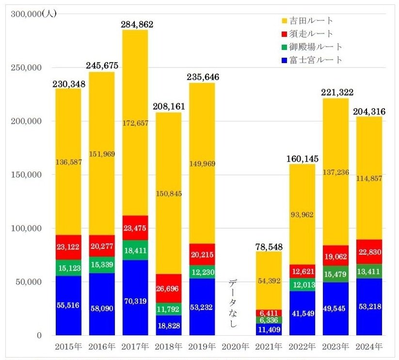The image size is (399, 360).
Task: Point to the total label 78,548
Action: pyautogui.click(x=269, y=246)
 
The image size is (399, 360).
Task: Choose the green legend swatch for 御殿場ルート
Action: pyautogui.click(x=285, y=47)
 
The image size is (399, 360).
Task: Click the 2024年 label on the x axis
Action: pyautogui.click(x=369, y=347)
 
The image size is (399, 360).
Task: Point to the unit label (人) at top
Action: pyautogui.click(x=49, y=14)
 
